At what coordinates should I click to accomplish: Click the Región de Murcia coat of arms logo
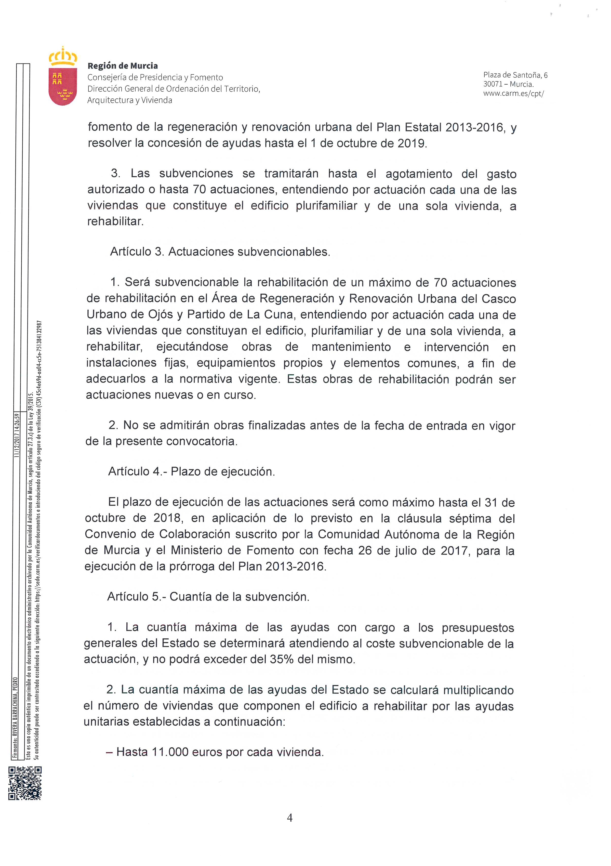click(x=63, y=76)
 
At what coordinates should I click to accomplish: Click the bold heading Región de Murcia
click(x=123, y=66)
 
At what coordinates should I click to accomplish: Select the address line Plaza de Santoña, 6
click(x=515, y=75)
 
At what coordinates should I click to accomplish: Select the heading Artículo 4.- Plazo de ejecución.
click(x=192, y=471)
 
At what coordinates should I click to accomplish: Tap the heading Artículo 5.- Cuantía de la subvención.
click(x=208, y=596)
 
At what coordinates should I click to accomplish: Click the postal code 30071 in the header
click(x=493, y=85)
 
